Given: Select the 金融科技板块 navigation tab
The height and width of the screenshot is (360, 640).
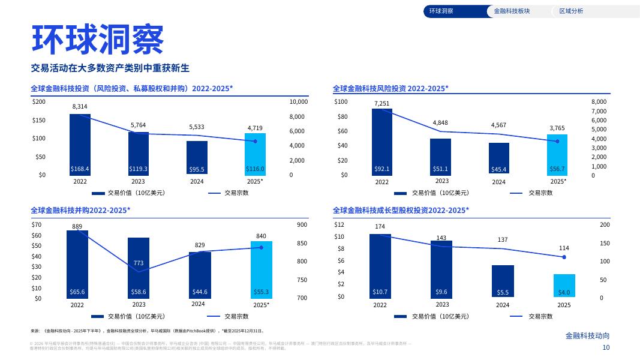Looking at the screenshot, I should tap(512, 11).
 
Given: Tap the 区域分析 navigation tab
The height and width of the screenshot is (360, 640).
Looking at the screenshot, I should tap(570, 11).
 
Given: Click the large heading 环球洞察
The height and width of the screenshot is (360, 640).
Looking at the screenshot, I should tap(97, 40).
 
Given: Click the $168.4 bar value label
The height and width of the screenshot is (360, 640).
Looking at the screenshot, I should tap(80, 169).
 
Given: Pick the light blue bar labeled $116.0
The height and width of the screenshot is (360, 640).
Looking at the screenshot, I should tap(255, 154).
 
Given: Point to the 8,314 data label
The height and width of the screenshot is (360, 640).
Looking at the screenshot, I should tap(80, 106).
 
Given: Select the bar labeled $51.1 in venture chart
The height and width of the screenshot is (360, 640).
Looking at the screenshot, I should tap(440, 157).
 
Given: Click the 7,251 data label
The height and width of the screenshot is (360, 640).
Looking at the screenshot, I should tap(381, 103).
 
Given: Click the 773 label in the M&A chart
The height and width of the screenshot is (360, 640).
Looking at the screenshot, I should tap(138, 263).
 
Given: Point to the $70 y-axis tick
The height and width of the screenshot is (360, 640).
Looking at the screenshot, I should tap(37, 225).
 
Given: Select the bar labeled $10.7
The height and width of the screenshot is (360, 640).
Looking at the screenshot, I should tap(380, 265).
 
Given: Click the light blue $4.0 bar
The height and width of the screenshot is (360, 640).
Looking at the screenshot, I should tap(564, 286).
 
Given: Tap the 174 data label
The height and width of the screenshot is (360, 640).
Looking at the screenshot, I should tap(380, 227).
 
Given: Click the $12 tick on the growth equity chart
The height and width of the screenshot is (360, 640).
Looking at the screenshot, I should tap(339, 225).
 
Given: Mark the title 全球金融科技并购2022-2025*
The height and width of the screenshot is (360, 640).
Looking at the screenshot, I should tap(80, 210).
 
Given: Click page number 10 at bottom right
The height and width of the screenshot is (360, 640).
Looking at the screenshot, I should tap(606, 348).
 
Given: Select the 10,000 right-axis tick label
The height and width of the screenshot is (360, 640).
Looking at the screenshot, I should tap(298, 102).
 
